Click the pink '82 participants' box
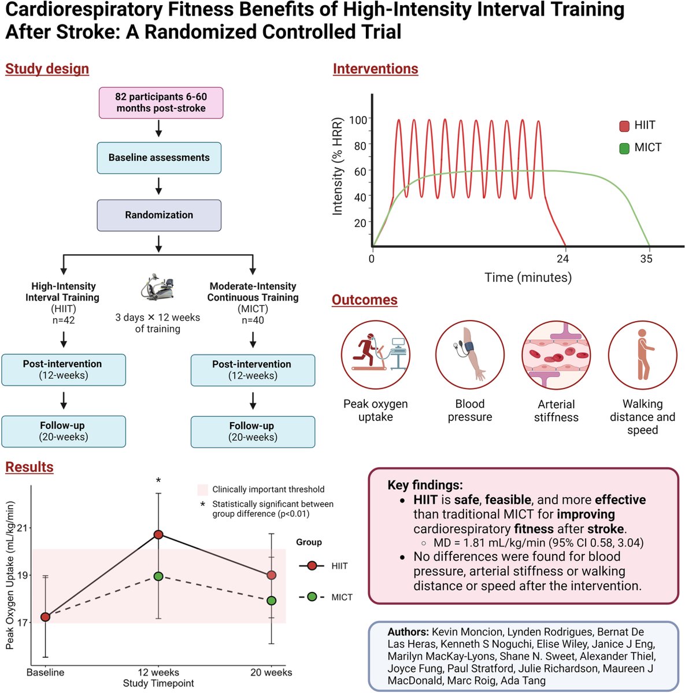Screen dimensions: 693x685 tap(161, 103)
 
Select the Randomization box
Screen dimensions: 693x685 tap(159, 215)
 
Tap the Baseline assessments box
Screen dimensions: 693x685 tap(159, 158)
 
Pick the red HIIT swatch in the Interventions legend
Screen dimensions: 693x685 tap(624, 126)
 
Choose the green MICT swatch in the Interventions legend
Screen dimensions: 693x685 tap(624, 148)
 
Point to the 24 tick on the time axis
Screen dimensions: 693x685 tap(562, 259)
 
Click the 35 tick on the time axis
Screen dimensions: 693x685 tap(646, 259)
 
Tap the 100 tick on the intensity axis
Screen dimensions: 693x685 tap(358, 120)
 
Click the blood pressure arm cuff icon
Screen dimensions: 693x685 tap(469, 355)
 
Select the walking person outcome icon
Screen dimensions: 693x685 tap(642, 355)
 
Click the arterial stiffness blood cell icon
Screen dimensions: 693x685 tap(556, 355)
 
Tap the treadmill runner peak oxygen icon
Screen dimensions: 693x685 tap(375, 355)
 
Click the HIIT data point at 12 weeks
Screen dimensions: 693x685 tap(158, 535)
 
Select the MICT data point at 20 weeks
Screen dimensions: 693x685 tap(271, 601)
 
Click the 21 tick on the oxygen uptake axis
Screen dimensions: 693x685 tap(21, 528)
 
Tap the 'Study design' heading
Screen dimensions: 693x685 tap(47, 69)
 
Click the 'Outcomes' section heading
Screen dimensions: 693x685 tap(364, 300)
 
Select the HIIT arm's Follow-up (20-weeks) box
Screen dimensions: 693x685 tap(64, 431)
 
